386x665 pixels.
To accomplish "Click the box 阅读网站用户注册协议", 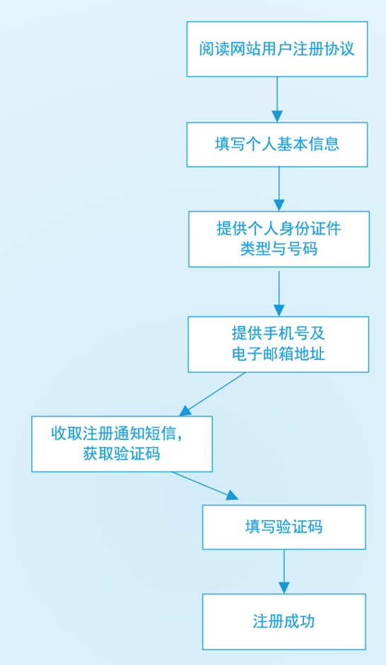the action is pos(277,49).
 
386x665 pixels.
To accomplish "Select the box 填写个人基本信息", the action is pos(277,145).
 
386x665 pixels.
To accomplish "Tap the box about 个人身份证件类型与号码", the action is pos(279,239).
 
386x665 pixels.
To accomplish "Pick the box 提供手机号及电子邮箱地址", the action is pos(279,345).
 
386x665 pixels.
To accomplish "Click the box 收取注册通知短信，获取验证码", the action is pos(122,443).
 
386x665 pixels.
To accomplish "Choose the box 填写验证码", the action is pos(284,527).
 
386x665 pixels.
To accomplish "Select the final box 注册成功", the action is pos(284,622).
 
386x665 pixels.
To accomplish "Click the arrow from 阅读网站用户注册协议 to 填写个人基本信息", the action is pos(277,100).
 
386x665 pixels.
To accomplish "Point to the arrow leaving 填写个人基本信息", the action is pos(279,189).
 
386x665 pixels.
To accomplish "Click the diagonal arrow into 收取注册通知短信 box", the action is pos(212,394).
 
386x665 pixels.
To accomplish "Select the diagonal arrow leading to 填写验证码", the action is pos(205,485).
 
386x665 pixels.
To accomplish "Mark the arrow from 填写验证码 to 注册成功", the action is pos(284,572).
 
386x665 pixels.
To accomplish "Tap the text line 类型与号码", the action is pos(279,249).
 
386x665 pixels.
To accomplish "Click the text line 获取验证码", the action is pos(122,454).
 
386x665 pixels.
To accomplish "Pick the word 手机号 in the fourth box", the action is pos(286,333).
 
